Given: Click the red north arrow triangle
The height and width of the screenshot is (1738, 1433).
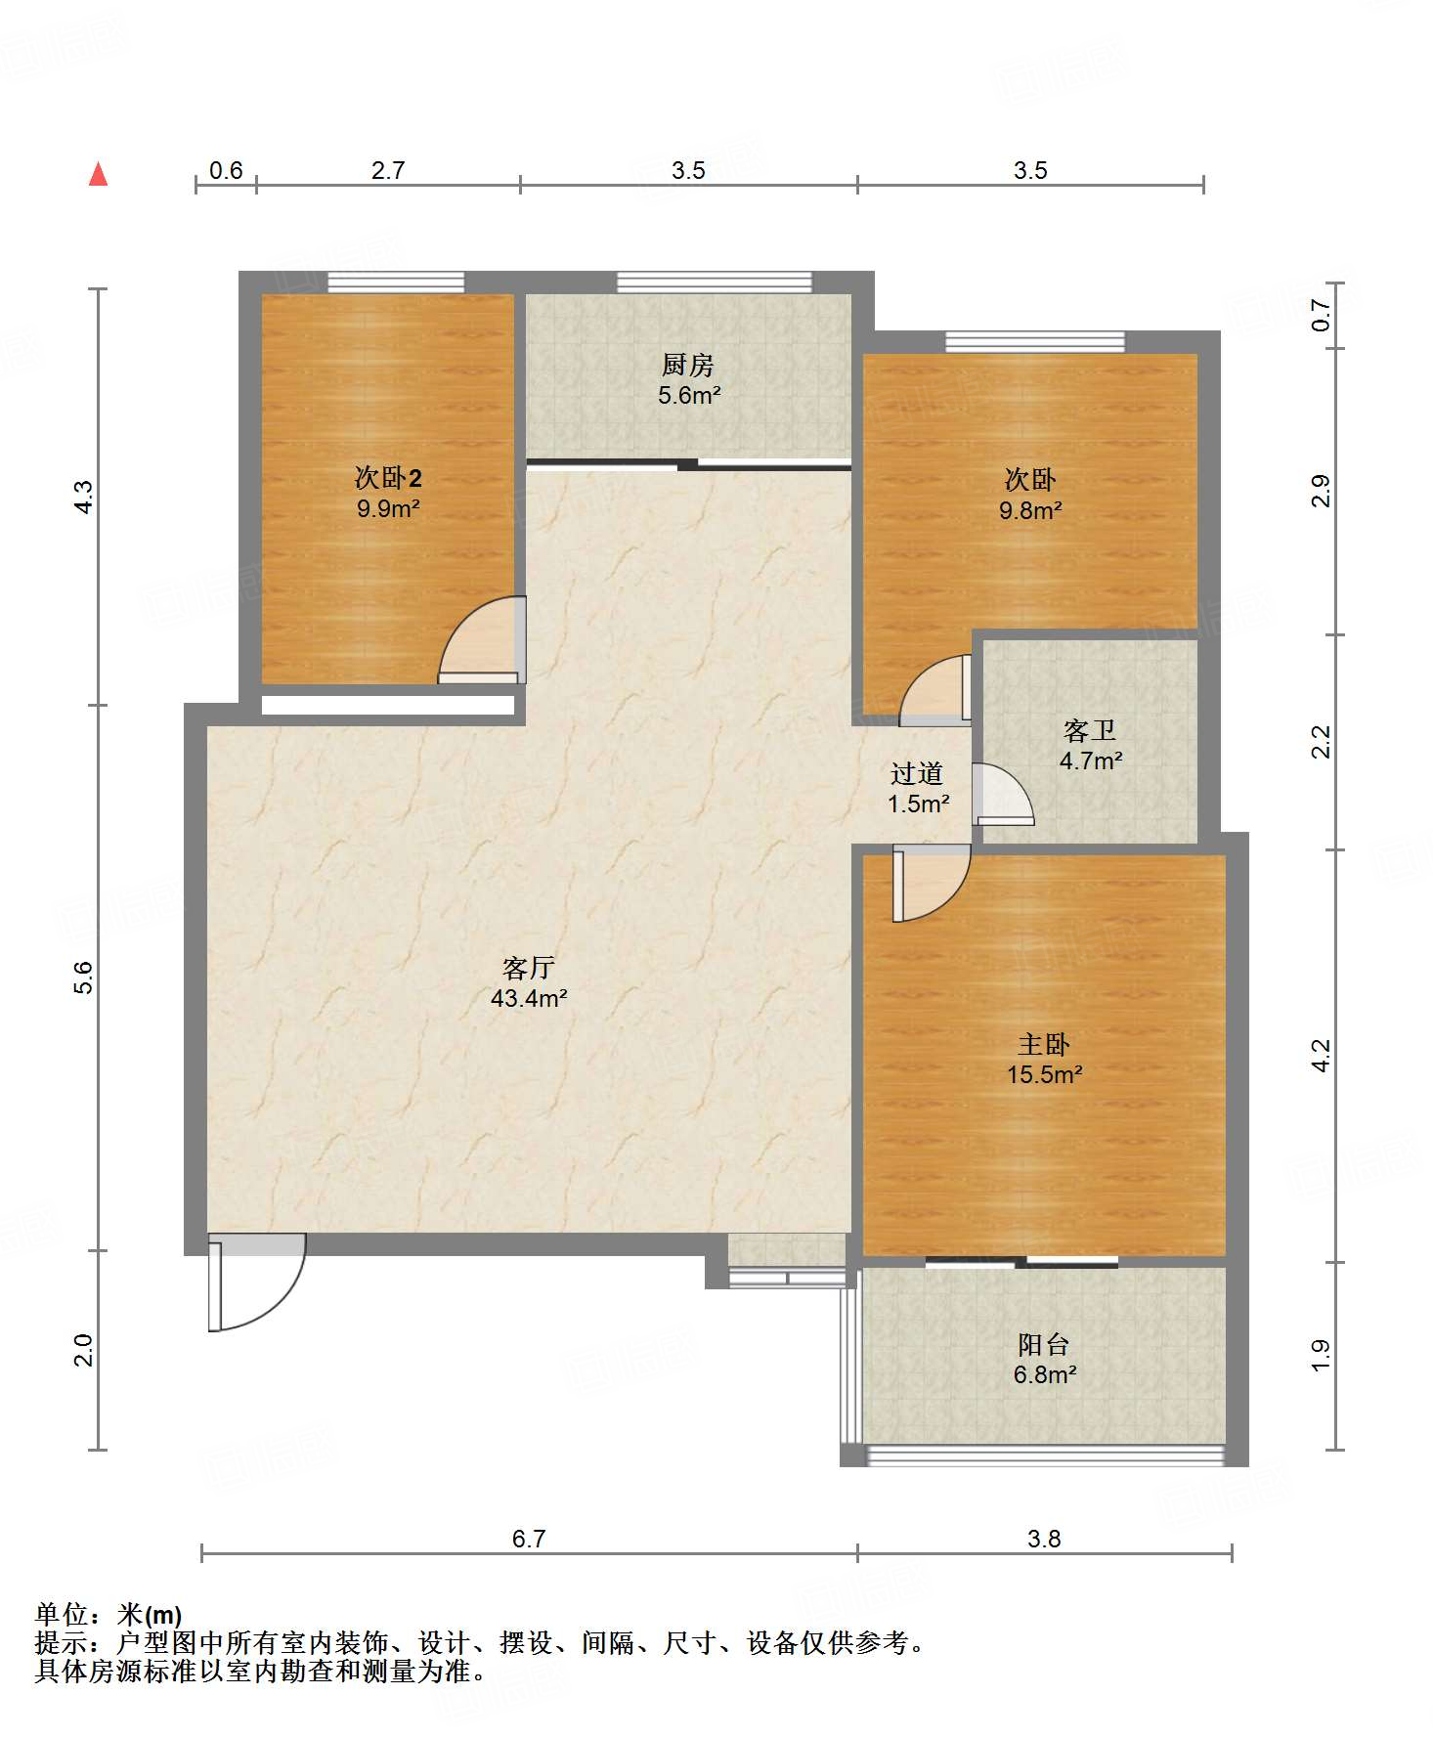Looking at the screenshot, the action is (x=98, y=174).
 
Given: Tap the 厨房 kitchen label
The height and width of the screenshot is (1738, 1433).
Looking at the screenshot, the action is (x=688, y=366).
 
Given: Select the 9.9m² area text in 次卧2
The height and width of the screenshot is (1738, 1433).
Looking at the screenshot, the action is (x=388, y=508).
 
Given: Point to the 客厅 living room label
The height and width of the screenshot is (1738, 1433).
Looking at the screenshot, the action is (x=529, y=968).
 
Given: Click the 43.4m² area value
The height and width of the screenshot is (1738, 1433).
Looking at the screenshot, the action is (x=529, y=998).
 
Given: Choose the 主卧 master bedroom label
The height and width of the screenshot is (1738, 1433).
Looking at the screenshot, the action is (x=1044, y=1044).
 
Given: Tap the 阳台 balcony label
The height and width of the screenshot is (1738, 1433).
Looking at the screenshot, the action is (x=1044, y=1344).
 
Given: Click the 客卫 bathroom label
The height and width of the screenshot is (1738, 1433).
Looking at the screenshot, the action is (x=1090, y=730).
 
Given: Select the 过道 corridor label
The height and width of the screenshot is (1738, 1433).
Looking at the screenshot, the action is (x=917, y=773).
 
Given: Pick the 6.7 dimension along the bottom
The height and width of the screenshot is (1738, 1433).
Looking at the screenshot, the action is (x=529, y=1539).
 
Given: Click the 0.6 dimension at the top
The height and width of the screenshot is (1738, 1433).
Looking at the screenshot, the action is (x=226, y=170).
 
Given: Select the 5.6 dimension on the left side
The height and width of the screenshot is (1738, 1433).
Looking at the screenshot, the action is (x=84, y=978).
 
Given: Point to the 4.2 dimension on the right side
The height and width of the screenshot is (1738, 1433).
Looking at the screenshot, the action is (x=1321, y=1056).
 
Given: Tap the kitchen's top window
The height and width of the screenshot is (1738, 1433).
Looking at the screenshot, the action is (x=715, y=282).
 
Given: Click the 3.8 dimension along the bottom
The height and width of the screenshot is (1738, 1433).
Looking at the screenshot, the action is (x=1044, y=1539).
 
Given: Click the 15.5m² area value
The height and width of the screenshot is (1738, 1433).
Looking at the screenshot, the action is (x=1044, y=1074).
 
